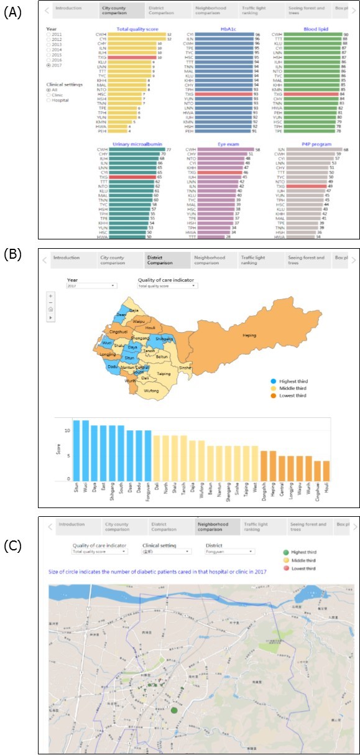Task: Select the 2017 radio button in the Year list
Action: coord(48,64)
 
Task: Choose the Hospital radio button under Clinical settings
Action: coord(48,100)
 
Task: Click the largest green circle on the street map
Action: coord(174,709)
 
